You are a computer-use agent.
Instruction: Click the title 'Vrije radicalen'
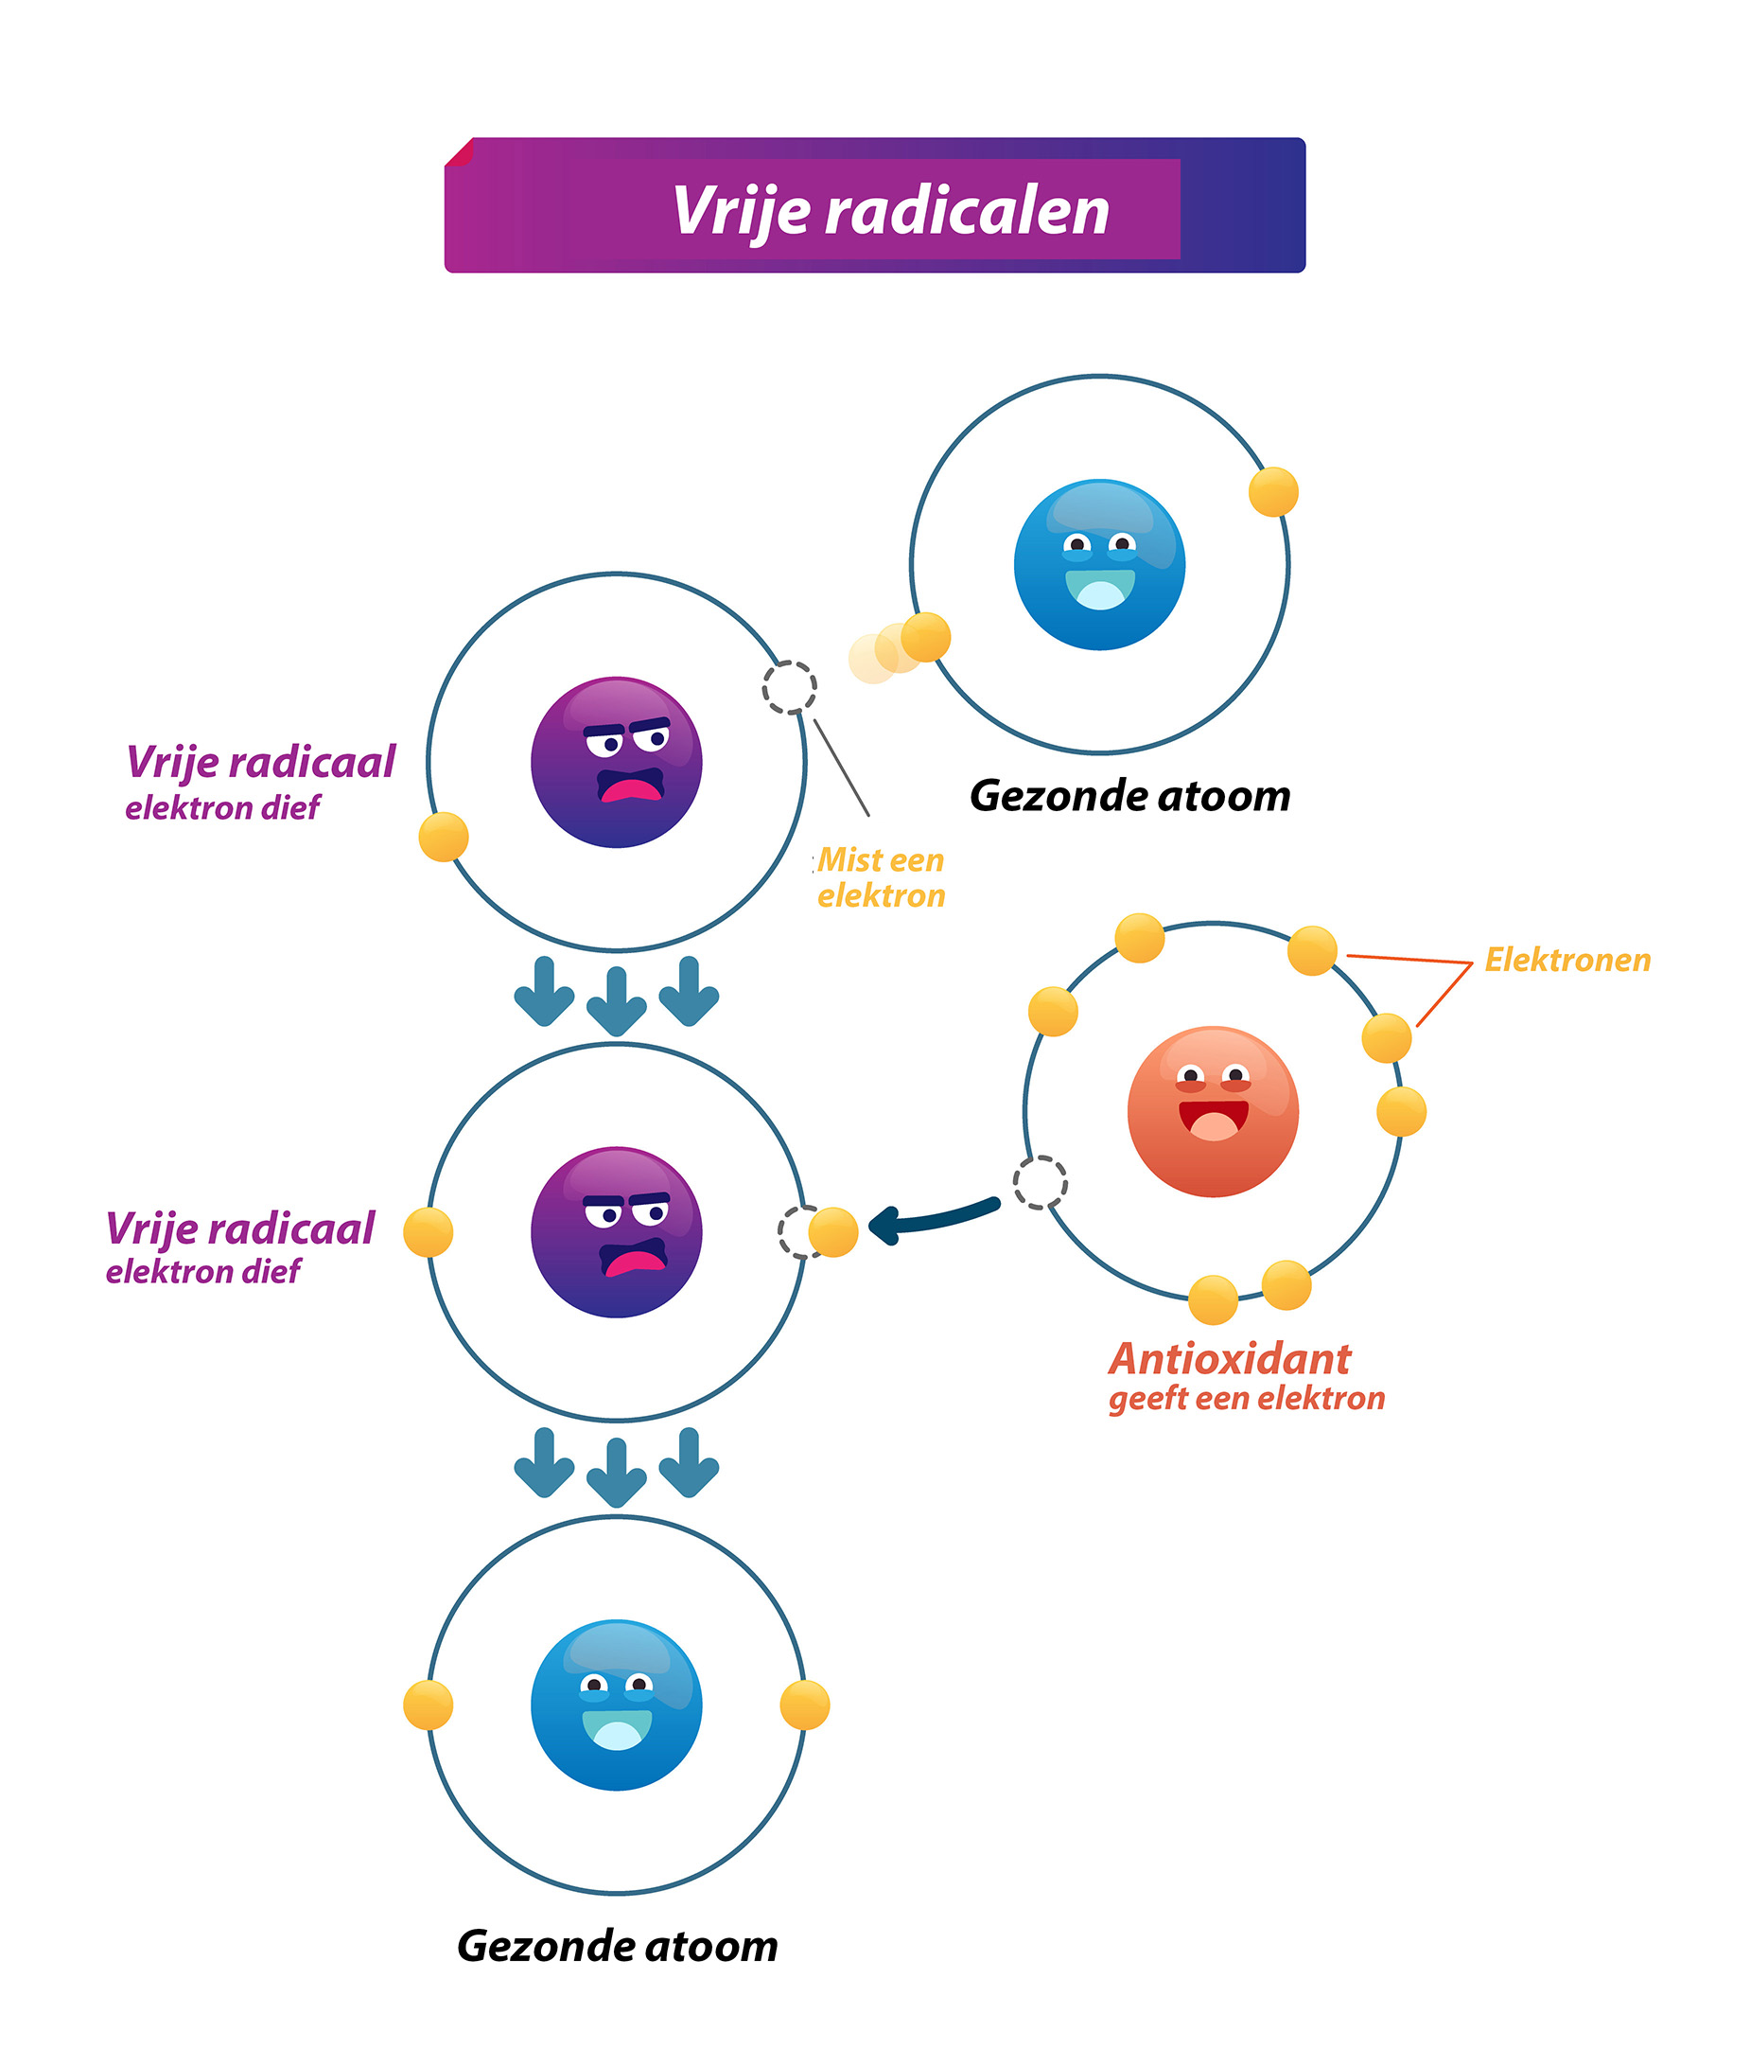click(x=890, y=210)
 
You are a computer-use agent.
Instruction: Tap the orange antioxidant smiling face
click(x=1213, y=1110)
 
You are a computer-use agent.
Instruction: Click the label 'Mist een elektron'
click(x=880, y=877)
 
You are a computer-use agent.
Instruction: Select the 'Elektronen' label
click(x=1567, y=960)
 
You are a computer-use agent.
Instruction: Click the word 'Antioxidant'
click(x=1229, y=1358)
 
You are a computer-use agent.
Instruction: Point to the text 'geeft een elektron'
click(x=1246, y=1398)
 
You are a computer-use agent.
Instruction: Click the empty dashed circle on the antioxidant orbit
click(x=1040, y=1183)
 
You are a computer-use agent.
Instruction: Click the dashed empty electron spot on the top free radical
click(x=790, y=687)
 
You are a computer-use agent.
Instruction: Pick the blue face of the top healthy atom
click(x=1099, y=565)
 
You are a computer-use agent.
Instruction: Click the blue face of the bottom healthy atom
click(x=616, y=1705)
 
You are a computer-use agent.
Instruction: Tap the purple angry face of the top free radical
click(x=616, y=762)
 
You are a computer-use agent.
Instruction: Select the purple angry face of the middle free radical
click(x=616, y=1232)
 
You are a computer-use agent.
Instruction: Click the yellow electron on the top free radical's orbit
click(x=444, y=837)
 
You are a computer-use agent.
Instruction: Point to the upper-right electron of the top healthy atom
click(x=1273, y=492)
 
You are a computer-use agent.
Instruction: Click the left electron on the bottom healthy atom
click(x=429, y=1705)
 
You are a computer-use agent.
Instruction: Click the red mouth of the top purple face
click(x=631, y=789)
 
